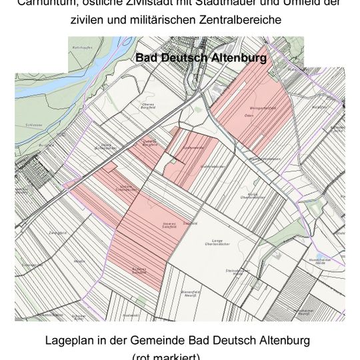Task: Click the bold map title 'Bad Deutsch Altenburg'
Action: (x=201, y=58)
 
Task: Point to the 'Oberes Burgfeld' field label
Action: (x=147, y=105)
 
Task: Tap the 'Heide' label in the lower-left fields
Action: (x=79, y=262)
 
